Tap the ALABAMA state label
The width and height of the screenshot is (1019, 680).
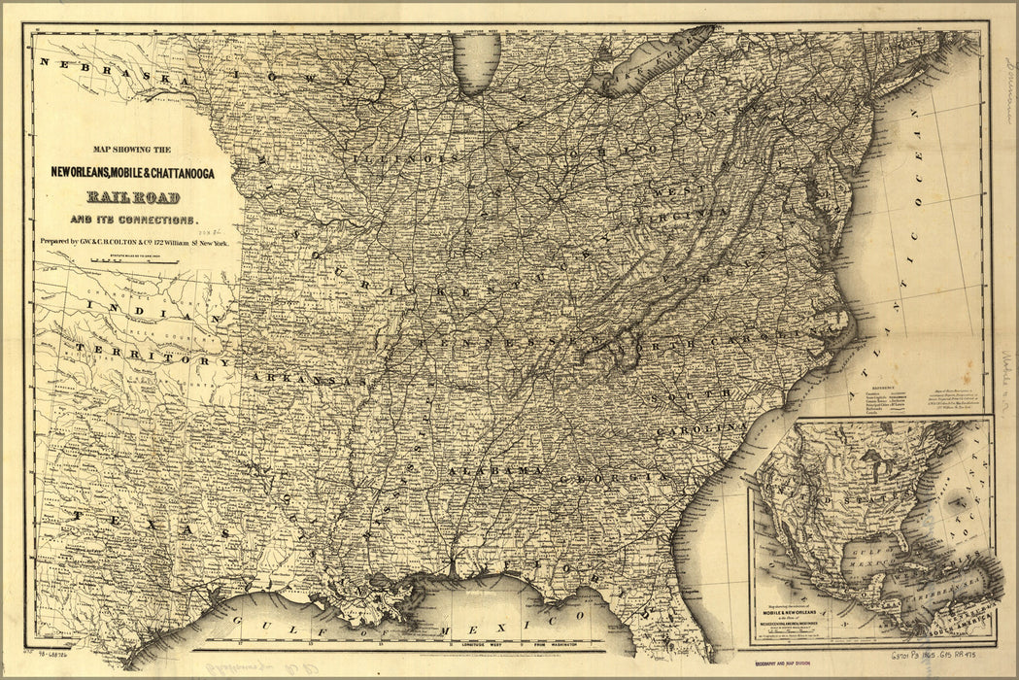(495, 470)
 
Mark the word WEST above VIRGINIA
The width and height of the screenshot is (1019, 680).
(670, 192)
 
